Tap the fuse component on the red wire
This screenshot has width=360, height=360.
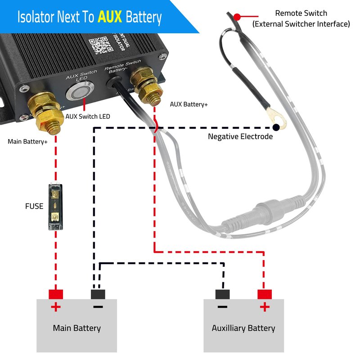[x=55, y=207]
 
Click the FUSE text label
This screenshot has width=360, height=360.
[x=34, y=207]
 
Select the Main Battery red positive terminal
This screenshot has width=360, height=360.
[x=56, y=294]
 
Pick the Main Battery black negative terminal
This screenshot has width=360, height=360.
[x=98, y=294]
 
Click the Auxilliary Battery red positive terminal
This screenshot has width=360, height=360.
[x=265, y=294]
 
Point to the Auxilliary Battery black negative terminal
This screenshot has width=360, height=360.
[x=222, y=294]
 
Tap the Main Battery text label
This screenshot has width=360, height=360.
[x=76, y=328]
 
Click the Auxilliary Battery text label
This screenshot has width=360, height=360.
[x=243, y=328]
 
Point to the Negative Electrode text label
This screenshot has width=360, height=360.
[x=240, y=136]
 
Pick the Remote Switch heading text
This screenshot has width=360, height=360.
[x=301, y=13]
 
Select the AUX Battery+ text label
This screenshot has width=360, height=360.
[x=189, y=104]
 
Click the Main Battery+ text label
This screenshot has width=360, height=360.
[x=28, y=141]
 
